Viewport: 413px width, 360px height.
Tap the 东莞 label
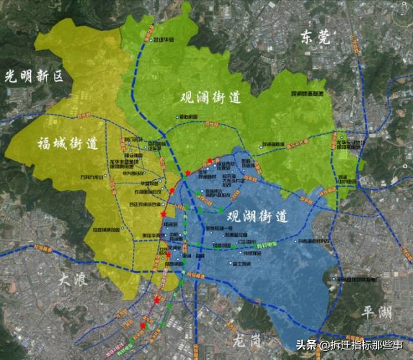pyautogui.click(x=315, y=38)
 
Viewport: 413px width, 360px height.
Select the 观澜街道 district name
pyautogui.click(x=210, y=98)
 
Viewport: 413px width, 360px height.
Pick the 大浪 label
pyautogui.click(x=71, y=279)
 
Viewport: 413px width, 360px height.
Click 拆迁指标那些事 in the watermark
pyautogui.click(x=364, y=345)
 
